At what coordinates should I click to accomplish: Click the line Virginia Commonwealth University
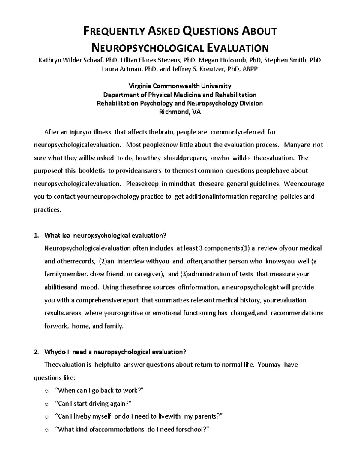[x=180, y=86]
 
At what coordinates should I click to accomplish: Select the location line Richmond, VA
[x=180, y=112]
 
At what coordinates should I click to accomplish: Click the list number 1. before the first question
[x=37, y=236]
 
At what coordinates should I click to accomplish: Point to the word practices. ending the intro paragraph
[x=48, y=210]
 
